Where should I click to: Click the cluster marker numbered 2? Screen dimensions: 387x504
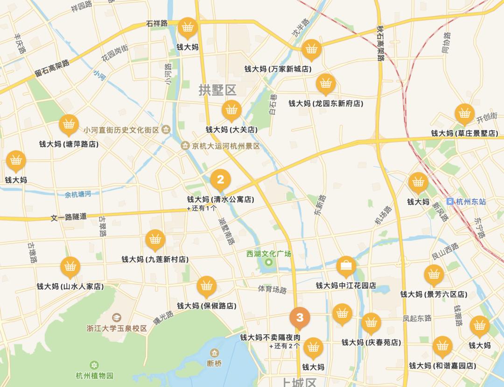(x=220, y=179)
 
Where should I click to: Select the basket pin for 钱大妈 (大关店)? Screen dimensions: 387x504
(x=231, y=110)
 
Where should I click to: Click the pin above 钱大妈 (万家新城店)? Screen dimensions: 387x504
(x=310, y=49)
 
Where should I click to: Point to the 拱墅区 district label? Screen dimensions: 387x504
(x=217, y=90)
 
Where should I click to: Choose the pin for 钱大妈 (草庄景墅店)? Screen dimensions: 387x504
(x=464, y=114)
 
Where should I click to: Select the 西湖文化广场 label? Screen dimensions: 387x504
(x=269, y=254)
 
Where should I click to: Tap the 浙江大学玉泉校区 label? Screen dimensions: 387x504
(x=117, y=328)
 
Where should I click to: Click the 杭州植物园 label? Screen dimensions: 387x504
(x=94, y=375)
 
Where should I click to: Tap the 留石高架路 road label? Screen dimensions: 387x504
(x=52, y=68)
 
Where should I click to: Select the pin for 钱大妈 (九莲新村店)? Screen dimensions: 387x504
(x=155, y=240)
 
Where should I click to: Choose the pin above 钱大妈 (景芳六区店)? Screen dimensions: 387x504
(x=434, y=275)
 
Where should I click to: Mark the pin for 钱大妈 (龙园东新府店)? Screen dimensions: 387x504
(x=326, y=84)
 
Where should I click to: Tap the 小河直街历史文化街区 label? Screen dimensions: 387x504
(x=122, y=130)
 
